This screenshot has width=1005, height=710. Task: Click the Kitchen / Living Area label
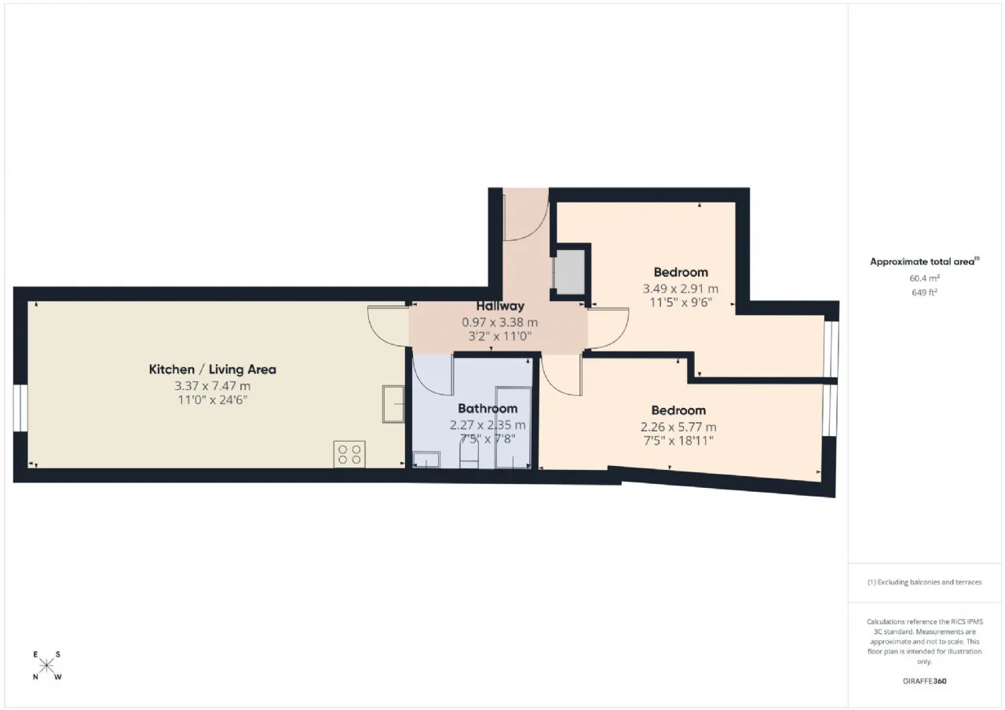tap(212, 370)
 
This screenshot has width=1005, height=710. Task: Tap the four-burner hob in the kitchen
tap(349, 455)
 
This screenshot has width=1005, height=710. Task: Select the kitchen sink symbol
tap(393, 404)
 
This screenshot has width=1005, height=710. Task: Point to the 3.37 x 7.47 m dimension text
tap(212, 386)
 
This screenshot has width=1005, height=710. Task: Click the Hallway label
tap(499, 306)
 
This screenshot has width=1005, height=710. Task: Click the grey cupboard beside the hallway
tap(569, 274)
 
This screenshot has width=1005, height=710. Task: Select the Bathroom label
tap(488, 409)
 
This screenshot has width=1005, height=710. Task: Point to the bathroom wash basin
tap(426, 460)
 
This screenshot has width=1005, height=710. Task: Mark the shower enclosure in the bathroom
tap(513, 428)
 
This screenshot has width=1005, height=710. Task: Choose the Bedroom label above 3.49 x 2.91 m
tap(681, 272)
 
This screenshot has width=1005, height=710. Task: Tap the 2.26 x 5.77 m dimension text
tap(678, 427)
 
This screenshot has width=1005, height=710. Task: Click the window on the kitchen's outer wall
tap(20, 408)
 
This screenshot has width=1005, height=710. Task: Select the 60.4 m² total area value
tap(924, 278)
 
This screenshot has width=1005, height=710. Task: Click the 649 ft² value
tap(924, 292)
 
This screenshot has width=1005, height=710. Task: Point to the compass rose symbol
tap(46, 666)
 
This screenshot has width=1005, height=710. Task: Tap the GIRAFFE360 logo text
tap(924, 681)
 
